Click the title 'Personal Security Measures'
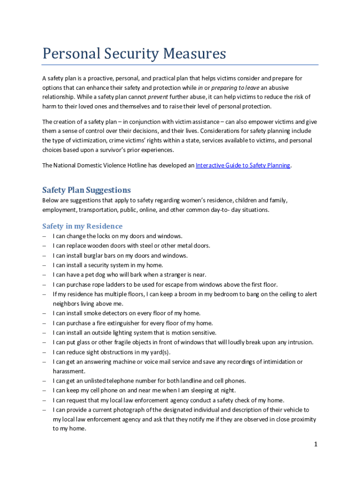point(134,54)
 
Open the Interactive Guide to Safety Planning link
point(243,165)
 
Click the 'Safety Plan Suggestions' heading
point(86,190)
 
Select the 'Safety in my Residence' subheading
point(82,226)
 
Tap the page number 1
point(316,444)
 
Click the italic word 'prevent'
point(158,97)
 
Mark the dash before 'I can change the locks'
point(44,236)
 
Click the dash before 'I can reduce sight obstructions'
point(44,352)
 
